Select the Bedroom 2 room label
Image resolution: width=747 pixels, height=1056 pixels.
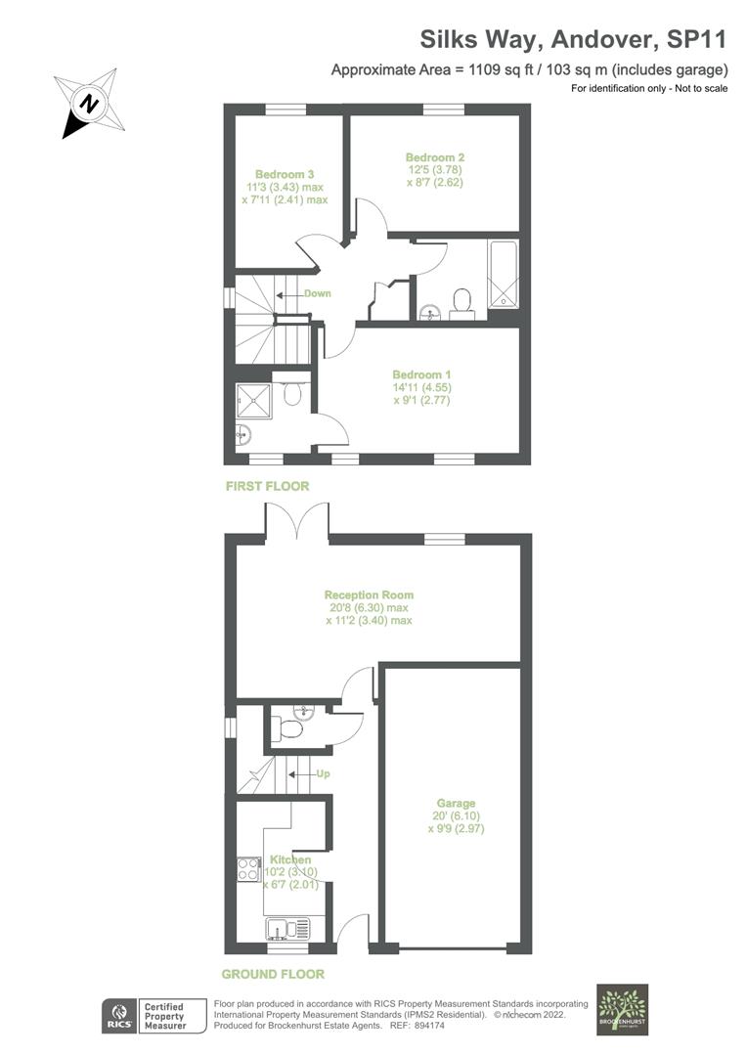[435, 156]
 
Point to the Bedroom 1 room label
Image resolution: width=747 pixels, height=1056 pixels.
[421, 374]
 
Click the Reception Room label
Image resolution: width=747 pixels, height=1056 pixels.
[369, 594]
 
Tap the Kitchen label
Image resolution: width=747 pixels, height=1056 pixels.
[290, 859]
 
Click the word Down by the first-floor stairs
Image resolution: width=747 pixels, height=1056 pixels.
[317, 293]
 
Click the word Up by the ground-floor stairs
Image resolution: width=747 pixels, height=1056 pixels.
[322, 774]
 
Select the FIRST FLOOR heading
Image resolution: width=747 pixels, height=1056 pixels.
[267, 486]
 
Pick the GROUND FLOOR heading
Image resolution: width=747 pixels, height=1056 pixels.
[273, 974]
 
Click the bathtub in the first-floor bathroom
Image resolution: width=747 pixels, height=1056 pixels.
[505, 274]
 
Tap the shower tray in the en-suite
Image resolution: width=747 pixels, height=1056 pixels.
[252, 397]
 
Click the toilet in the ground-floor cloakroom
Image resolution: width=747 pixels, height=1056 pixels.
[287, 728]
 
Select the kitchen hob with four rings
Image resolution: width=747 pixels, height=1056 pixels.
[247, 868]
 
